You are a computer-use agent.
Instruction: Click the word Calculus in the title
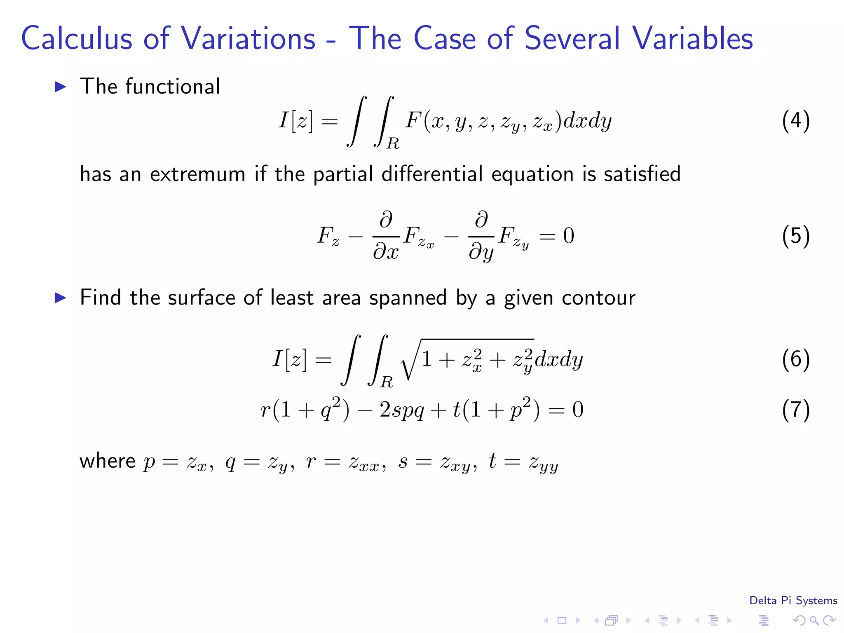(77, 38)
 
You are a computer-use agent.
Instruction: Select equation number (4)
(796, 121)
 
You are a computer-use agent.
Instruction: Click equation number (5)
(796, 236)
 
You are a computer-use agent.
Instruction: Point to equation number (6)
(796, 359)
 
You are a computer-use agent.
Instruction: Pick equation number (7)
(796, 410)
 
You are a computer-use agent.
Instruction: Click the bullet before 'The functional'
(61, 87)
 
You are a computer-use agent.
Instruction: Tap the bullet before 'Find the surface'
(61, 298)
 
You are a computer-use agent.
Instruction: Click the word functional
(173, 87)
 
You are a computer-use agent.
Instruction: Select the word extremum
(198, 174)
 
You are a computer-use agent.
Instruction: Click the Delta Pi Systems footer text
(793, 600)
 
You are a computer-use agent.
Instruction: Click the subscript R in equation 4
(393, 143)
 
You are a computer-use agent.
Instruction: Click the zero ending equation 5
(569, 236)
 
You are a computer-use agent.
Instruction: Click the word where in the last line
(108, 461)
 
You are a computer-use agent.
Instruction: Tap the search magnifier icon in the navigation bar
(814, 620)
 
